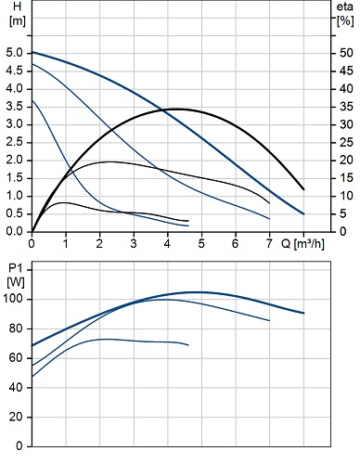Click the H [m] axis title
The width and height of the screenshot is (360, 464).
[18, 14]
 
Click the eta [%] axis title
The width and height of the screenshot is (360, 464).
[345, 14]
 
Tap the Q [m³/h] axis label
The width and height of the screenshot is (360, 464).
[302, 244]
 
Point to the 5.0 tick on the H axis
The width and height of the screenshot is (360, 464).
[15, 53]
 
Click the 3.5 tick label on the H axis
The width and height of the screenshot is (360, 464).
[15, 107]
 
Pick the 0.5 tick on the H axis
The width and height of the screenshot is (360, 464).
[15, 213]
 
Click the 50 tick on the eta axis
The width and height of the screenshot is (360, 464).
[346, 53]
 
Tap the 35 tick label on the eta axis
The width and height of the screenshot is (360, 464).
[346, 107]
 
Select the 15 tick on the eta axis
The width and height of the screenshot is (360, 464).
[346, 178]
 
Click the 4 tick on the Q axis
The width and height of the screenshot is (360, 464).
[167, 244]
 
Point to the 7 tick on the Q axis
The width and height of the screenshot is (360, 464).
[269, 244]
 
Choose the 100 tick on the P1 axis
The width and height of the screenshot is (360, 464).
[13, 299]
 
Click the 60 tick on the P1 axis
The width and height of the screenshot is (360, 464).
[16, 358]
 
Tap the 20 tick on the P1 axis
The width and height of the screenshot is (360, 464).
[16, 417]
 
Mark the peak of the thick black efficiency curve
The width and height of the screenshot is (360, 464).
[178, 109]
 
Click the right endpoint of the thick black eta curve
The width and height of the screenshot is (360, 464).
[303, 189]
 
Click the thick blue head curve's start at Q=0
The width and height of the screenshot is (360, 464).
[32, 52]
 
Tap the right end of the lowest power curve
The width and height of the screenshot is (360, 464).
[188, 345]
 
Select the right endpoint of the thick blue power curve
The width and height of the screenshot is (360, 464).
[303, 313]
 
